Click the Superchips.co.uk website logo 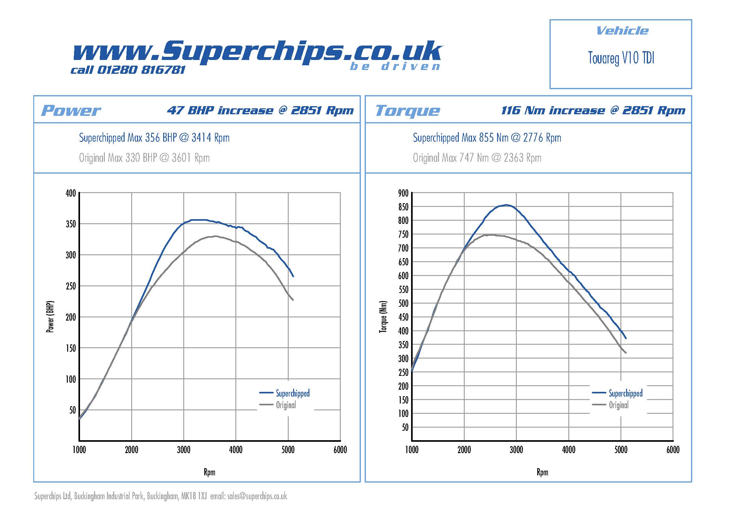(x=257, y=51)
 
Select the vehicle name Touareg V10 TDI (x=621, y=58)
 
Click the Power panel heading (x=71, y=111)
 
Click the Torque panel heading (x=407, y=111)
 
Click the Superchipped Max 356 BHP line (x=154, y=138)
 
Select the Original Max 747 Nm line (x=477, y=158)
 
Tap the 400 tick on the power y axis (x=71, y=193)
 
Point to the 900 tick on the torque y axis (x=403, y=193)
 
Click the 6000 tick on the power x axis (x=340, y=450)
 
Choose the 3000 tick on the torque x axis (x=516, y=450)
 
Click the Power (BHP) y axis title (x=51, y=316)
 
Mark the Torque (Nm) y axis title (x=383, y=316)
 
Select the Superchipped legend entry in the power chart (x=292, y=393)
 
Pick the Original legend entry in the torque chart (x=618, y=405)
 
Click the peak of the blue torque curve (x=506, y=205)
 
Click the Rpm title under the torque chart (x=542, y=472)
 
